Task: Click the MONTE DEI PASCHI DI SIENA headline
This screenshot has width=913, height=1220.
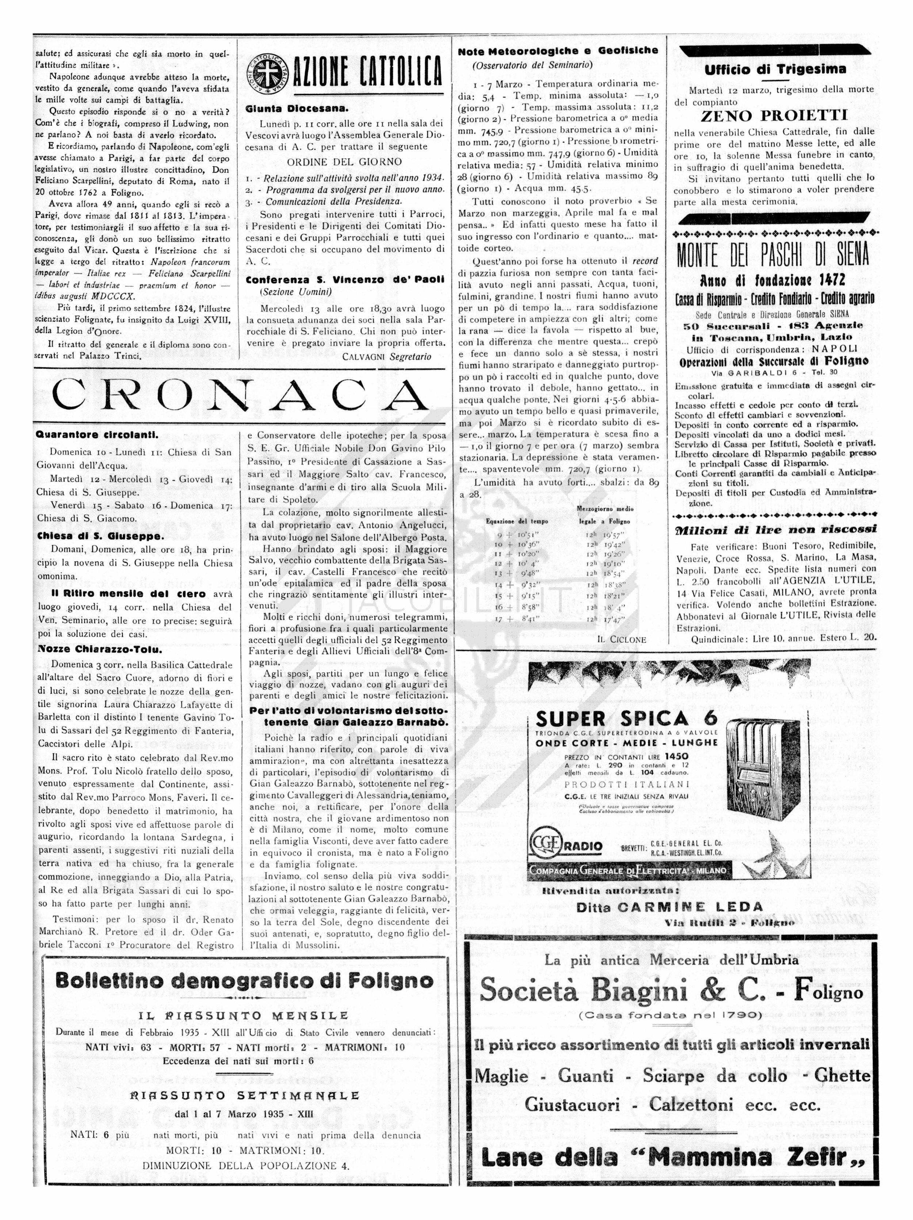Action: point(773,254)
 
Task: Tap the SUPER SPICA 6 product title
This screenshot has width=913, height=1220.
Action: point(626,719)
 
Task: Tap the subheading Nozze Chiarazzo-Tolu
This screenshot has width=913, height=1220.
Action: point(100,649)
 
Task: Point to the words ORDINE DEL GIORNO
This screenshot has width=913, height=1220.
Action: point(344,162)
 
